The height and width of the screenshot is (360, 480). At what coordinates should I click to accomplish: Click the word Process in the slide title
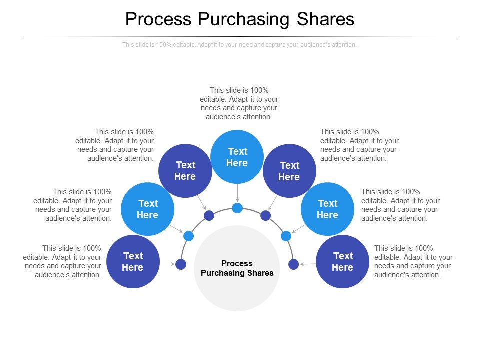[x=158, y=19]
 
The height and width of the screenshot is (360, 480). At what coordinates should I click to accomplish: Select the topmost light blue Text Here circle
[x=237, y=157]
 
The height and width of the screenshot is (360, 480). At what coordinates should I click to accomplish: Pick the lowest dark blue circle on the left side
[x=133, y=262]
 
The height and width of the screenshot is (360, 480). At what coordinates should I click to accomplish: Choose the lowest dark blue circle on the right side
[x=342, y=262]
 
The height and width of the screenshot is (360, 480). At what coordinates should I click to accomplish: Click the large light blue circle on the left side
[x=148, y=209]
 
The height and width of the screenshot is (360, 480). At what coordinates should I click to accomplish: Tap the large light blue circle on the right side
[x=327, y=209]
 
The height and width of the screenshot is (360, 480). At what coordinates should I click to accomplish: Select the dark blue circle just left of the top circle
[x=185, y=171]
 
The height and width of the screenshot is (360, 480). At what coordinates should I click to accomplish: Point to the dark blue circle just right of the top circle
[x=289, y=171]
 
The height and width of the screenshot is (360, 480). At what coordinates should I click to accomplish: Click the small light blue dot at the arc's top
[x=237, y=208]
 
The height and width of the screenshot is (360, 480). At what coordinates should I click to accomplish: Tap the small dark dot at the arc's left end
[x=181, y=264]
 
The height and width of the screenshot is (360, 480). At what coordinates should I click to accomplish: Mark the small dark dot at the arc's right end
[x=294, y=264]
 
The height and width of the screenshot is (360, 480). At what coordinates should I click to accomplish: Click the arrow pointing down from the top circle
[x=237, y=193]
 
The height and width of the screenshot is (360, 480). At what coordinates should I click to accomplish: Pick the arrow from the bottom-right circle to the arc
[x=307, y=264]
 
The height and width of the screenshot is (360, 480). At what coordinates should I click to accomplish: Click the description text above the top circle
[x=239, y=103]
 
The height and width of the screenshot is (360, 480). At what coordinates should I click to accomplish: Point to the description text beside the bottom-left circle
[x=62, y=261]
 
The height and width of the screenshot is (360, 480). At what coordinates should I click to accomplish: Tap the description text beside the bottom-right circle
[x=413, y=261]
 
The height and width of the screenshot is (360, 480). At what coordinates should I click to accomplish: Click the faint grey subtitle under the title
[x=240, y=45]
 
